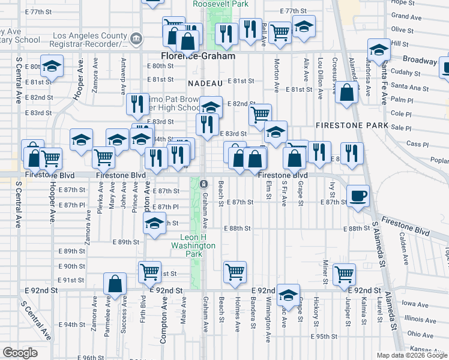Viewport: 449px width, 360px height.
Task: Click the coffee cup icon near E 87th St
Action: click(x=358, y=195)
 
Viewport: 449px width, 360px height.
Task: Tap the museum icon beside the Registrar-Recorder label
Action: click(x=136, y=40)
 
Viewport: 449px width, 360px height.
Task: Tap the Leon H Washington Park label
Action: click(x=193, y=246)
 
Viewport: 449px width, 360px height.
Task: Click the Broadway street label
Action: click(x=419, y=61)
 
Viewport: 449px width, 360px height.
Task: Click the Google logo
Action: click(x=20, y=352)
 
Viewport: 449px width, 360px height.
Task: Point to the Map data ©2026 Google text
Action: click(x=412, y=355)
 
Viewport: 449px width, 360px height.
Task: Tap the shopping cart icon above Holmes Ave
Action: click(x=235, y=271)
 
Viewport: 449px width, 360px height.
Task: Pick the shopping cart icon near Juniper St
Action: click(x=344, y=274)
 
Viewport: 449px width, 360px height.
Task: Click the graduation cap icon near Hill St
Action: click(x=379, y=50)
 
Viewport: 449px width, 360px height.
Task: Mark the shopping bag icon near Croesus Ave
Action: click(x=347, y=93)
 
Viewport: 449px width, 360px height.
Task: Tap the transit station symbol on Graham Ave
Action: click(x=203, y=183)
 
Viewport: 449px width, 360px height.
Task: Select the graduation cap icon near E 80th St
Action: click(x=52, y=67)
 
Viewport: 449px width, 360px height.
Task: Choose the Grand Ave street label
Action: click(x=406, y=17)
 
